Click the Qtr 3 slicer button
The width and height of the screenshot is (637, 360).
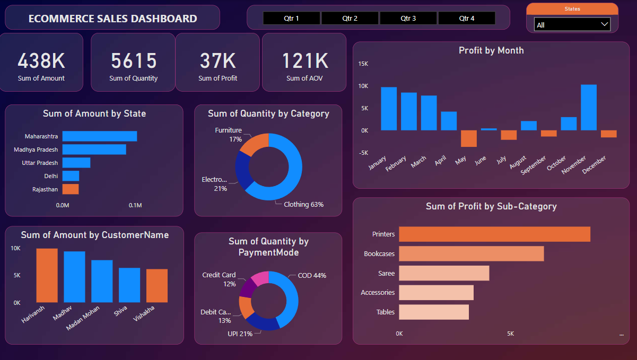[x=408, y=18]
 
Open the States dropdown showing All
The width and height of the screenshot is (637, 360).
[x=572, y=24]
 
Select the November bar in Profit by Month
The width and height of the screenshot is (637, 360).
[x=588, y=107]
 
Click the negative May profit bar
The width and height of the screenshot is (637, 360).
[x=468, y=138]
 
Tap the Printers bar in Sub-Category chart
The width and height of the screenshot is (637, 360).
[x=494, y=234]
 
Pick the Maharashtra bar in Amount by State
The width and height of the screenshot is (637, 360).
[x=99, y=136]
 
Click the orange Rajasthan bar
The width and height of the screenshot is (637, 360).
[x=70, y=189]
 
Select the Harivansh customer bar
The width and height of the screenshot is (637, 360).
[x=47, y=275]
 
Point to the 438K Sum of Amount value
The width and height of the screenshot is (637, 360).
[x=41, y=61]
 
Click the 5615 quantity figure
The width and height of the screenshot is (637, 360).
[x=134, y=61]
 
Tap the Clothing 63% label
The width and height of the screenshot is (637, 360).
[x=303, y=204]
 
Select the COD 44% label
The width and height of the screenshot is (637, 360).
[x=312, y=276]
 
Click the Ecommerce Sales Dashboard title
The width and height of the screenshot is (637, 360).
[x=112, y=19]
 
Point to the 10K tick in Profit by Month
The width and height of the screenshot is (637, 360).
[x=363, y=86]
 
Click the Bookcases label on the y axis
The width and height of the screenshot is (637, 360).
[x=379, y=254]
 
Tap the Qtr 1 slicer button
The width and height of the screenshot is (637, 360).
[x=291, y=18]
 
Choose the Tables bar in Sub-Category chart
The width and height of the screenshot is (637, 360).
[x=433, y=312]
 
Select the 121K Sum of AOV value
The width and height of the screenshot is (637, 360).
[x=304, y=61]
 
